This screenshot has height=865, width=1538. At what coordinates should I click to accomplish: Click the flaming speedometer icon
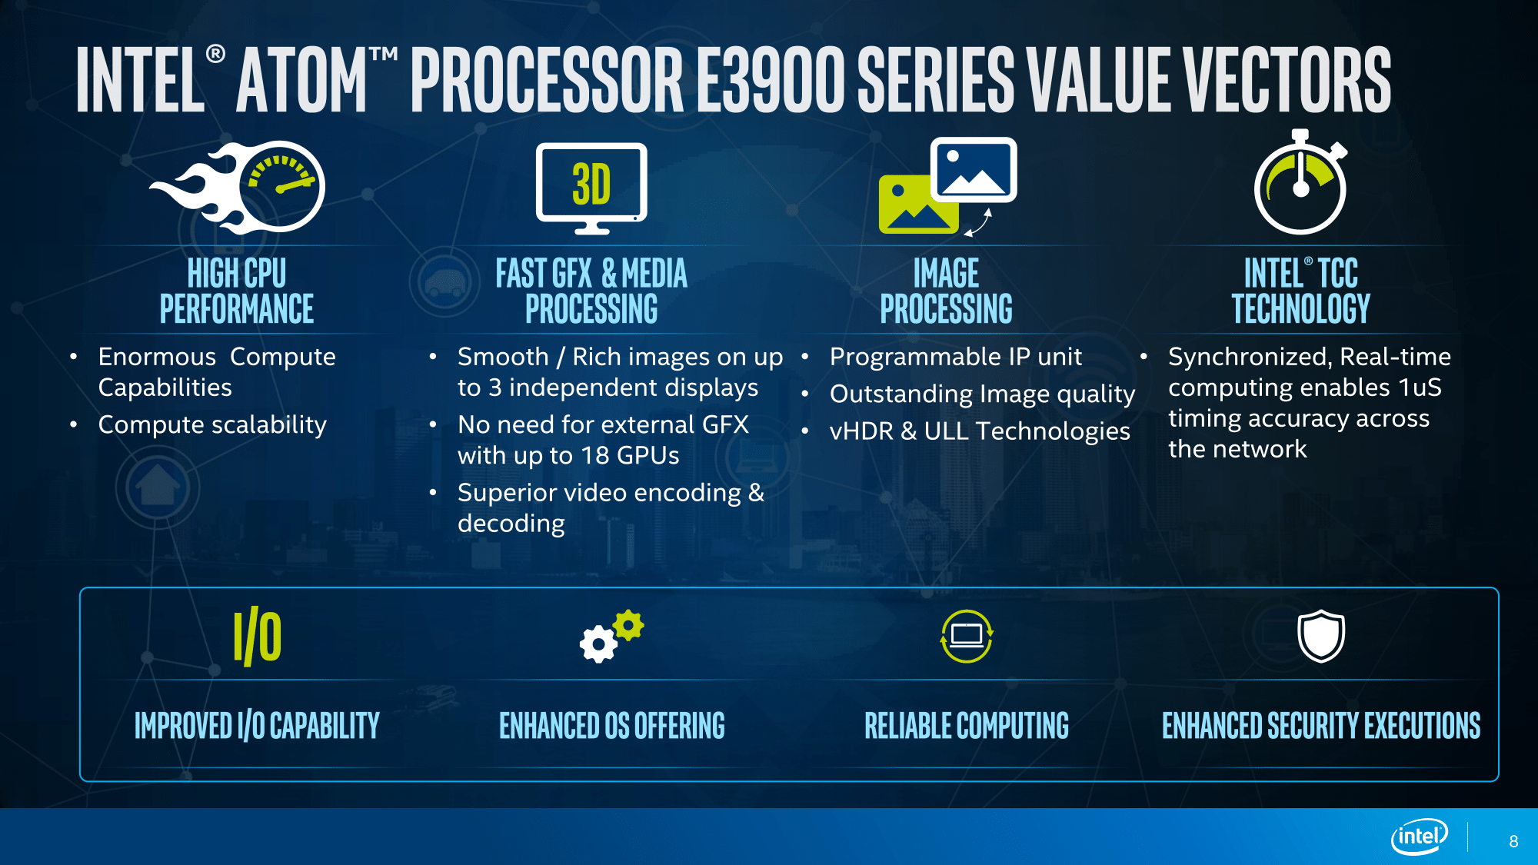coord(238,187)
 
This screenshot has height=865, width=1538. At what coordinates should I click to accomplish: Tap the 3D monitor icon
coord(591,188)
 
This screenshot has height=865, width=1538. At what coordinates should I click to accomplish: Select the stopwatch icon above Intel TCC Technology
coord(1301,182)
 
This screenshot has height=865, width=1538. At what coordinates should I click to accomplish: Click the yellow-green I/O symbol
coord(258,637)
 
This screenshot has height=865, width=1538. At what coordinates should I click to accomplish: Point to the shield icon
coord(1321,636)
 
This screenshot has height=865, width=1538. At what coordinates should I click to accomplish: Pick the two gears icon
coord(611,636)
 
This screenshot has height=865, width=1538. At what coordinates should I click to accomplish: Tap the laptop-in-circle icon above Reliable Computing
coord(967,636)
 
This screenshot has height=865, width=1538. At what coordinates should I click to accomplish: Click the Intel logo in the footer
coord(1420,837)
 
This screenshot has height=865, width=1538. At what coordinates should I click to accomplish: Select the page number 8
coord(1513,841)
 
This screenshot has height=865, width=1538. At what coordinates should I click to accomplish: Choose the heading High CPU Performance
coord(237,291)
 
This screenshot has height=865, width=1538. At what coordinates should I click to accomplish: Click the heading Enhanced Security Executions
coord(1321,725)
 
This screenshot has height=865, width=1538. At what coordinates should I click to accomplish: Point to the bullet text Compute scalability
coord(212,425)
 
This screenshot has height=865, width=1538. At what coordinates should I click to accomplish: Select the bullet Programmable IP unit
coord(956,357)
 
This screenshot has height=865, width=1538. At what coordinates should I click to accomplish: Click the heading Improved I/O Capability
coord(257,726)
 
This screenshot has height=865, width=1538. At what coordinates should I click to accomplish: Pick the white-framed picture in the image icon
coord(974,170)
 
